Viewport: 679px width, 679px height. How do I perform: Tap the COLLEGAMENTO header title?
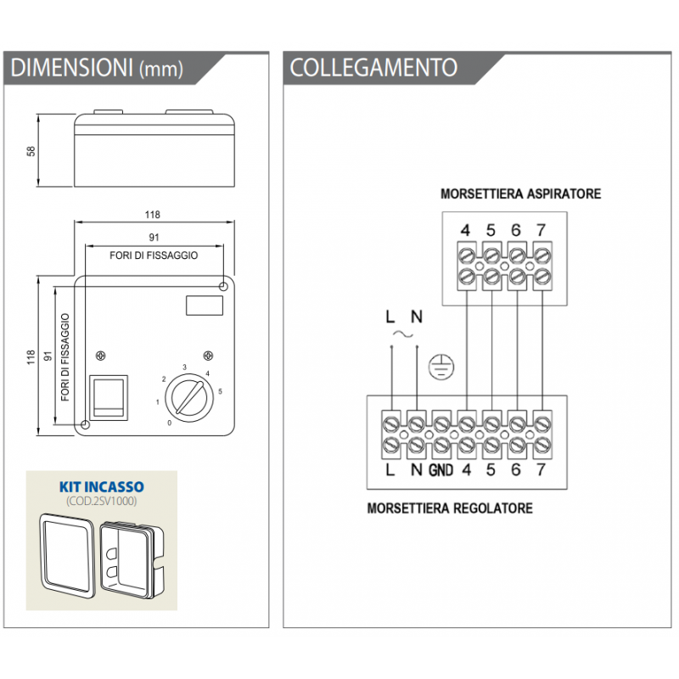(x=373, y=68)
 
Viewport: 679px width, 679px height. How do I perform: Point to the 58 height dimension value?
(x=31, y=151)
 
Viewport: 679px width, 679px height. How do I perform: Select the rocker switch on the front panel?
(x=109, y=396)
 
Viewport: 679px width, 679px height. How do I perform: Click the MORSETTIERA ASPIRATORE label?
(x=520, y=194)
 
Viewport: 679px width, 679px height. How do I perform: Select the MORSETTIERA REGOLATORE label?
(x=450, y=508)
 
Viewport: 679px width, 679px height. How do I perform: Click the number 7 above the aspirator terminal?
(x=542, y=230)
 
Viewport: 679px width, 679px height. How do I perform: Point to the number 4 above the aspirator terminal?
(x=465, y=230)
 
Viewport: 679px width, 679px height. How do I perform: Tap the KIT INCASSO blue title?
(x=101, y=487)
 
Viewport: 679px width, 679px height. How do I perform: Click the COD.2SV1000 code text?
(x=101, y=501)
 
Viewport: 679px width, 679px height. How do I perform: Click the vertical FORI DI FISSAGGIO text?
(x=66, y=356)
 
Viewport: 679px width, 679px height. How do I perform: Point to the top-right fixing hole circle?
(x=222, y=287)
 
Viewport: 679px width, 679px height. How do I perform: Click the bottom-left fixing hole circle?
(x=85, y=424)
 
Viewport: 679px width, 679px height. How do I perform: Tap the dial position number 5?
(x=221, y=391)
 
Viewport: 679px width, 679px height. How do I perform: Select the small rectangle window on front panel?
(x=202, y=303)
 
